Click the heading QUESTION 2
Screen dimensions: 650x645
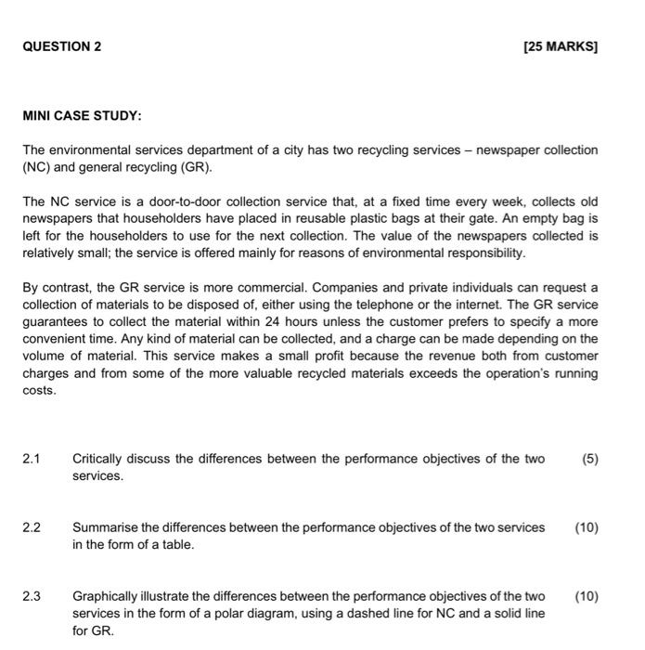[x=62, y=45]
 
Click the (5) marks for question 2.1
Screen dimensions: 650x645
[x=589, y=459]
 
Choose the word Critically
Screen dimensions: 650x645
[x=103, y=459]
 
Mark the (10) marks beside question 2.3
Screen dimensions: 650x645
[x=587, y=596]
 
